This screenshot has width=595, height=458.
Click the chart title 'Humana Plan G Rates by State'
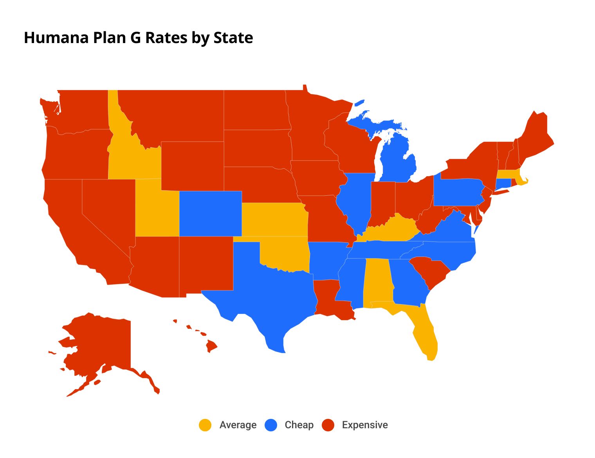[x=138, y=38]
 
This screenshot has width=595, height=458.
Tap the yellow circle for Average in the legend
[x=205, y=425]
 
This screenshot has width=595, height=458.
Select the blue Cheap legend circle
[x=271, y=425]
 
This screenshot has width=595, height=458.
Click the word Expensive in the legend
[x=364, y=425]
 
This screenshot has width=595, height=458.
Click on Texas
[x=274, y=298]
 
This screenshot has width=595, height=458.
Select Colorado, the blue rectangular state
[x=210, y=214]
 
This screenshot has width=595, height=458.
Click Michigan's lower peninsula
[x=397, y=160]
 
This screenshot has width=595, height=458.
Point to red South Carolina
[x=431, y=272]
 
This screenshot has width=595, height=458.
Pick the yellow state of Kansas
[x=274, y=219]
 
